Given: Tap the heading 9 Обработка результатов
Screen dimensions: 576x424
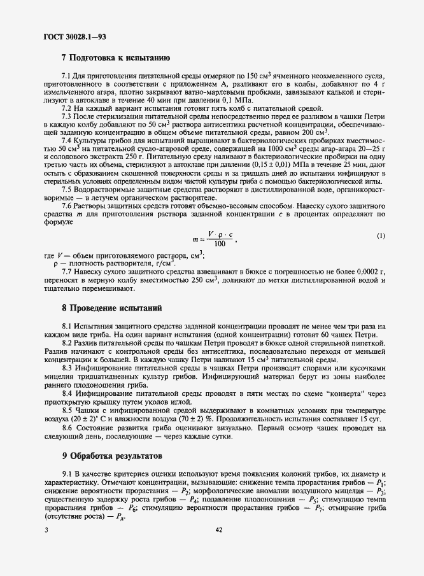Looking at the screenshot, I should (x=110, y=456).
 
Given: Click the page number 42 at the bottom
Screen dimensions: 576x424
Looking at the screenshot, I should (x=218, y=530).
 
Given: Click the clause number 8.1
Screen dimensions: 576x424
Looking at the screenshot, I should (x=66, y=326).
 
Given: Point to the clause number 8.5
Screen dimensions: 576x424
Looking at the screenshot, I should (x=66, y=411).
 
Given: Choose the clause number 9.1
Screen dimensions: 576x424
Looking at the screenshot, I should (x=66, y=475).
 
